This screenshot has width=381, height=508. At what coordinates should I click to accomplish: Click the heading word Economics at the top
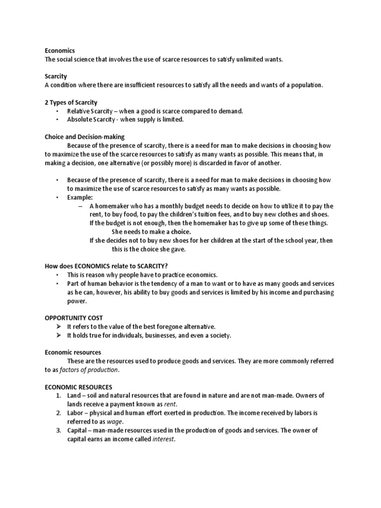coord(60,51)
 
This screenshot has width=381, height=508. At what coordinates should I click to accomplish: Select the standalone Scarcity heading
coord(56,76)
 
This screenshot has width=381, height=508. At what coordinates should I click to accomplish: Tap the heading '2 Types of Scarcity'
coord(70,102)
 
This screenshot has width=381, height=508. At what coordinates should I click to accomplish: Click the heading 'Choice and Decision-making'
coord(84,136)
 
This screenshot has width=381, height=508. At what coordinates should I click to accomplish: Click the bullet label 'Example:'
coord(80,197)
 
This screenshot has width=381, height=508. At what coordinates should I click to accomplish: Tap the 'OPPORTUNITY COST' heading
coord(73,317)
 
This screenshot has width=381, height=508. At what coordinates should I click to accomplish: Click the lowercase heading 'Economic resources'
coord(73,352)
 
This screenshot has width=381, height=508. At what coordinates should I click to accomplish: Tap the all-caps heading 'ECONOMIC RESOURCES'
coord(78,387)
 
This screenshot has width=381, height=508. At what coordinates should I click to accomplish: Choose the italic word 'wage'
coord(115,422)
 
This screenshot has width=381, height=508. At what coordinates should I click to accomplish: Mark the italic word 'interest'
coord(164,439)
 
